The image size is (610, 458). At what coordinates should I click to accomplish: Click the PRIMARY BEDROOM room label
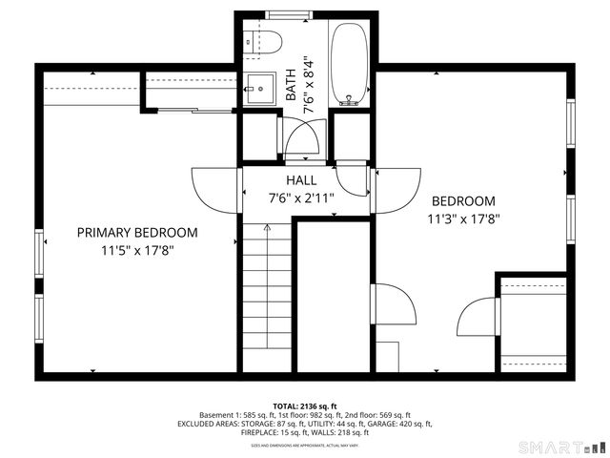[137, 233]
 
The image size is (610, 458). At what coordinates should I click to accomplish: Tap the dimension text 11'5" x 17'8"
[137, 251]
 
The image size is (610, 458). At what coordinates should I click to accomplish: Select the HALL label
[301, 180]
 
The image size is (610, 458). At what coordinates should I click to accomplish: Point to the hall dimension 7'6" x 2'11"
[301, 198]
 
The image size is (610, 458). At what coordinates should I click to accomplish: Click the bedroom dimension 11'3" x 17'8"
[463, 219]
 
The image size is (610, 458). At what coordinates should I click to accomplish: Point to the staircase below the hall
[266, 296]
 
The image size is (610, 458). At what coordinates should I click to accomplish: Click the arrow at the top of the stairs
[267, 229]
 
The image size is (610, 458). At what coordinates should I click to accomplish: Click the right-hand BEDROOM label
[463, 201]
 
